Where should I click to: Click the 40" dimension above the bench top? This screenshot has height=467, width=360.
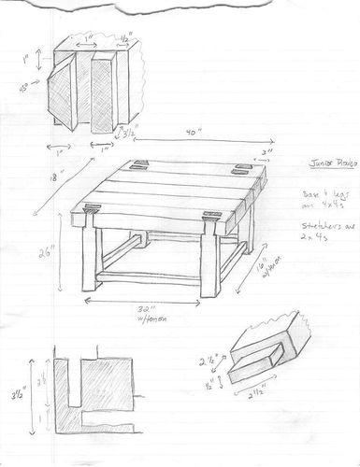[x=194, y=133]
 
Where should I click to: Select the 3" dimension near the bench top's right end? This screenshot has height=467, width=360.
[x=267, y=150]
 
